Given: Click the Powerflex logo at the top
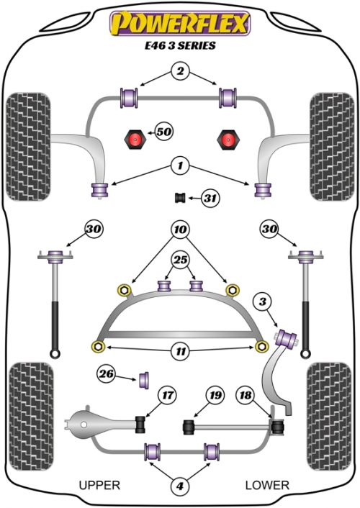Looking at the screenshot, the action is [180, 23].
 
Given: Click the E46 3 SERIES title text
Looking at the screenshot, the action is [180, 45].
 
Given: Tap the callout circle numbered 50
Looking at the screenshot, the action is [164, 132].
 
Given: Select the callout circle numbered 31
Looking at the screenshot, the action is [210, 198].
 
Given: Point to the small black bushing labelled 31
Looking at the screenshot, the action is [180, 198].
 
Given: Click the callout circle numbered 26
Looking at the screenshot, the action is [107, 374].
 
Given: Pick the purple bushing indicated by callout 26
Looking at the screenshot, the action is [144, 381].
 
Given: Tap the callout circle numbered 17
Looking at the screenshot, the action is [168, 395].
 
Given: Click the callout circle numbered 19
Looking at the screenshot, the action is [215, 395].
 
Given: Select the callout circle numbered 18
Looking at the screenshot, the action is [246, 395].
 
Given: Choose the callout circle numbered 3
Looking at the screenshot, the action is [263, 302].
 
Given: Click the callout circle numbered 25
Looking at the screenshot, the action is [181, 260].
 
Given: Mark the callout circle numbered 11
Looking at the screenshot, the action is [181, 351].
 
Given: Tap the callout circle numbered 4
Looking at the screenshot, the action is [180, 486].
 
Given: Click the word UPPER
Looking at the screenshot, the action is [99, 485].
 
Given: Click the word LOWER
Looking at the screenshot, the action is [267, 485].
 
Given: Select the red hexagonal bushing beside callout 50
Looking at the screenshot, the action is [135, 140].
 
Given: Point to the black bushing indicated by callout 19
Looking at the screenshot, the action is [189, 427].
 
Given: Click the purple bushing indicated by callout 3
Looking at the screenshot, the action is [286, 338].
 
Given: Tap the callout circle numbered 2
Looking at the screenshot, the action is [180, 71].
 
